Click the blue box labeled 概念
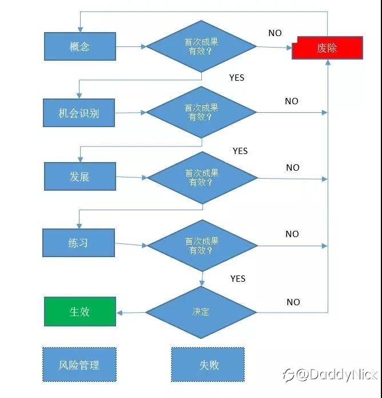coord(80,46)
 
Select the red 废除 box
coord(328,48)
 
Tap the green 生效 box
coord(80,312)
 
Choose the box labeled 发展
coord(80,176)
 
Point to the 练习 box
coord(79,243)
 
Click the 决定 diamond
coord(201,312)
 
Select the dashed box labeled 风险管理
coord(79,364)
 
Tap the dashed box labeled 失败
coord(208,364)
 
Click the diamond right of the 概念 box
coord(201,46)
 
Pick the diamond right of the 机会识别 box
coord(201,112)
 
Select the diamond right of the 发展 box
coord(202,178)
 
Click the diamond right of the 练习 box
coord(202,246)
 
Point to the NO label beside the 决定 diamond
coord(293,302)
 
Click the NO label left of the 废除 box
coord(275,33)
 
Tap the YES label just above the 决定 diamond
coord(238,278)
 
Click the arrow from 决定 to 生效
coord(131,312)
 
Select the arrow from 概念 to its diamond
coord(131,46)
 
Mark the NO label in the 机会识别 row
coord(292,101)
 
